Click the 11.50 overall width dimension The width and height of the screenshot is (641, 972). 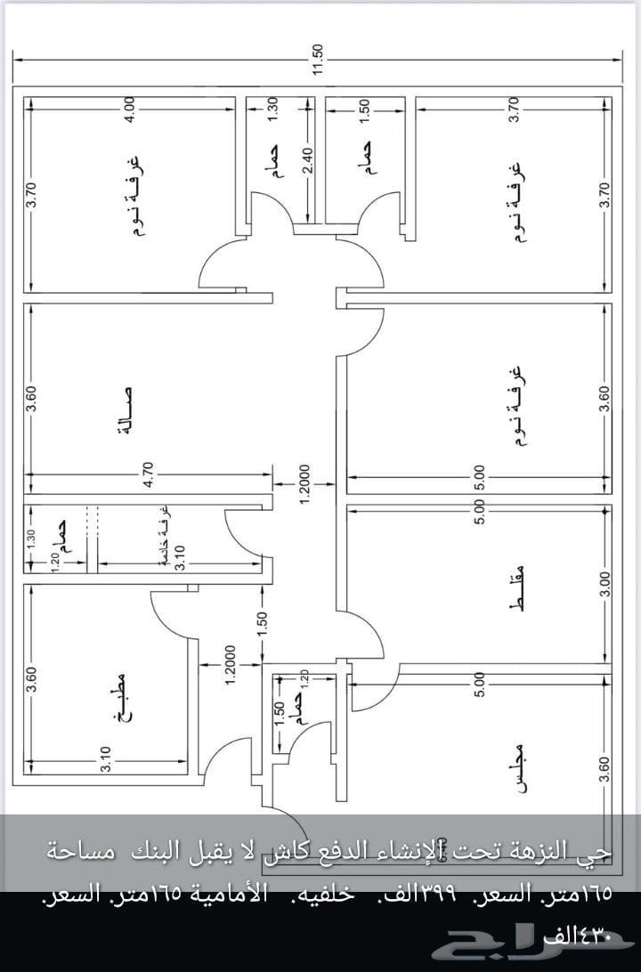319,60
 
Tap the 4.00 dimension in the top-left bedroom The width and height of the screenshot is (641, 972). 130,109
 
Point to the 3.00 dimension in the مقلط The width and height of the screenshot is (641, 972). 605,585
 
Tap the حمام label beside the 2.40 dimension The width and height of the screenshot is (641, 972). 275,163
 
